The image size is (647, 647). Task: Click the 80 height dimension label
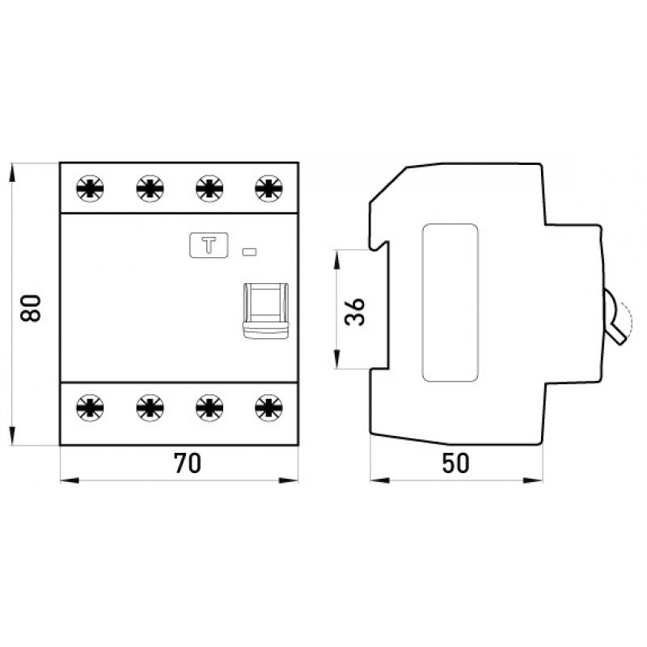pyautogui.click(x=31, y=308)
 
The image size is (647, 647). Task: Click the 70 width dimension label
pyautogui.click(x=188, y=463)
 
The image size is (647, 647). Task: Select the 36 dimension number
pyautogui.click(x=355, y=312)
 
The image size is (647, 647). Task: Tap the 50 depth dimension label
pyautogui.click(x=455, y=463)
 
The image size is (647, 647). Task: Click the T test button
pyautogui.click(x=209, y=245)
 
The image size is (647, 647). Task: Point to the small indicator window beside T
pyautogui.click(x=249, y=252)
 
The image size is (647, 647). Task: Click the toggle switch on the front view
pyautogui.click(x=265, y=311)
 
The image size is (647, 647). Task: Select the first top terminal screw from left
pyautogui.click(x=90, y=188)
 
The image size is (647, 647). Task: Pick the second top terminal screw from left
pyautogui.click(x=150, y=188)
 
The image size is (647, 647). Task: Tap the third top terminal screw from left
pyautogui.click(x=209, y=188)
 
